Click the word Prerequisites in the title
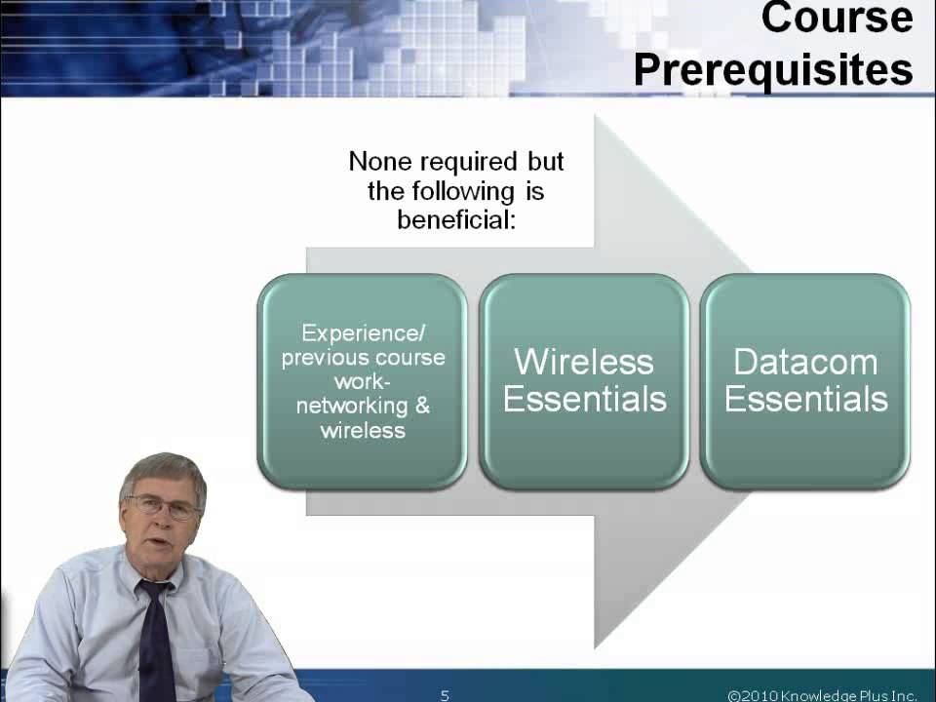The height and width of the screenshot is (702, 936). coord(773,69)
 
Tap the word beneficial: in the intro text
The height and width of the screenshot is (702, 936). coord(455,219)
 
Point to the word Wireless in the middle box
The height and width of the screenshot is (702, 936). coord(583,362)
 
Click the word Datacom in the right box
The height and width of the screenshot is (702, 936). coord(805,362)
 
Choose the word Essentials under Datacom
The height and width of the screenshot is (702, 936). coord(805,399)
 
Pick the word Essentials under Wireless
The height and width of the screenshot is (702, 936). coord(584,399)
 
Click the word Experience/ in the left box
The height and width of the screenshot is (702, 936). coord(364,333)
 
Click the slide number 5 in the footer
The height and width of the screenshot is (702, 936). coord(445,695)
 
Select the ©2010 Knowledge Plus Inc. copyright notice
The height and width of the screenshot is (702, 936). coord(822,695)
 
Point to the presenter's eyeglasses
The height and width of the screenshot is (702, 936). coord(163,505)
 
